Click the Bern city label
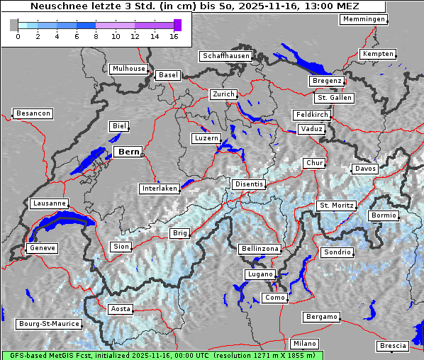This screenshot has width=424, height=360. pyautogui.click(x=128, y=152)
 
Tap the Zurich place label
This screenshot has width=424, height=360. pyautogui.click(x=223, y=94)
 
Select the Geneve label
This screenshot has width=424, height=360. pyautogui.click(x=42, y=248)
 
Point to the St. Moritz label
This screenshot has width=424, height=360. pyautogui.click(x=336, y=206)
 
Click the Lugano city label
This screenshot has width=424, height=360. pyautogui.click(x=259, y=274)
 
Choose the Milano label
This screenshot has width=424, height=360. pyautogui.click(x=305, y=344)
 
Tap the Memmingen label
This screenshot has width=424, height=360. pyautogui.click(x=363, y=19)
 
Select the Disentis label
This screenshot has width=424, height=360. pyautogui.click(x=248, y=184)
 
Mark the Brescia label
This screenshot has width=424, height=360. pyautogui.click(x=393, y=346)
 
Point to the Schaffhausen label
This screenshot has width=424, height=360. pyautogui.click(x=225, y=56)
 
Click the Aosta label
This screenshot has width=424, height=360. pyautogui.click(x=120, y=309)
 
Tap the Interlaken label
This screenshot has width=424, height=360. pyautogui.click(x=159, y=189)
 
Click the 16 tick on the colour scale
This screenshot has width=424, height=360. pyautogui.click(x=174, y=36)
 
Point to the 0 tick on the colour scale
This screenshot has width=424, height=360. pyautogui.click(x=18, y=36)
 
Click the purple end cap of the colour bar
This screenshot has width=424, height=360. pyautogui.click(x=177, y=25)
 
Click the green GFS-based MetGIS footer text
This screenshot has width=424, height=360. pyautogui.click(x=162, y=355)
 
